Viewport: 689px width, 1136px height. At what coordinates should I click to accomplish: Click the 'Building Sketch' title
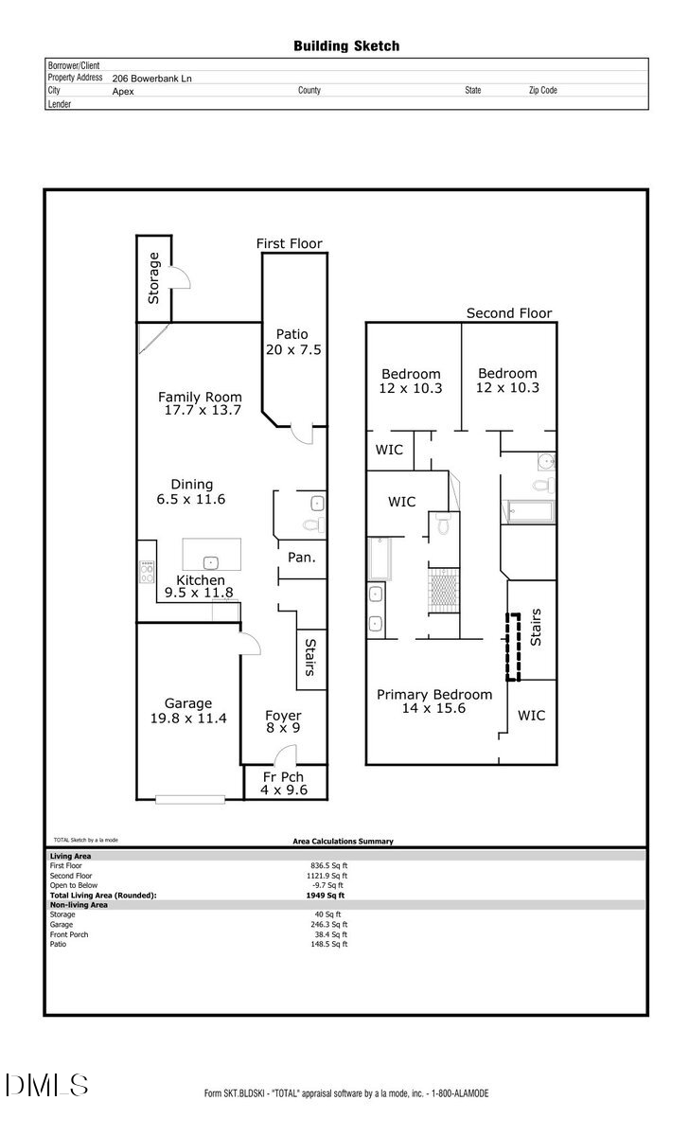tap(345, 45)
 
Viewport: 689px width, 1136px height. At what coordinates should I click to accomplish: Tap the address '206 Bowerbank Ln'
tap(151, 79)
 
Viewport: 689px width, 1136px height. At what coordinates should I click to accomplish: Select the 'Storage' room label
tap(154, 278)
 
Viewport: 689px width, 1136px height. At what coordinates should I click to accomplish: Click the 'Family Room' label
tap(200, 398)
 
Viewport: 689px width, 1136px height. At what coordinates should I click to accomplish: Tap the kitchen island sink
tap(210, 561)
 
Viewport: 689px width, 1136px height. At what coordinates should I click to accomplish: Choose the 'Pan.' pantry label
tap(301, 558)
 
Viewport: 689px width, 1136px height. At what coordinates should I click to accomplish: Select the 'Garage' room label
tap(188, 703)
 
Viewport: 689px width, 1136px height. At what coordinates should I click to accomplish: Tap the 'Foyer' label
tap(283, 716)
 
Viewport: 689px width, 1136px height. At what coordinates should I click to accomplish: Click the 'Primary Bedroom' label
tap(434, 695)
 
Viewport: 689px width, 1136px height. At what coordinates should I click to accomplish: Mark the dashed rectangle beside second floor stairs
tap(512, 648)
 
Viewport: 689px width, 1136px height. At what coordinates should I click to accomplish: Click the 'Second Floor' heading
tap(509, 313)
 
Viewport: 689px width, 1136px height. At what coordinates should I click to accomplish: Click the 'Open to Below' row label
tap(74, 885)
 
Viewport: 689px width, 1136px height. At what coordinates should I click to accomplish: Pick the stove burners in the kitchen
tap(148, 571)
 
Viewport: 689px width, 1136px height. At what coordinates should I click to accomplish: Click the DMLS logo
tap(46, 1085)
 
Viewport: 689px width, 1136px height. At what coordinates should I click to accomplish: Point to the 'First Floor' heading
tap(290, 243)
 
